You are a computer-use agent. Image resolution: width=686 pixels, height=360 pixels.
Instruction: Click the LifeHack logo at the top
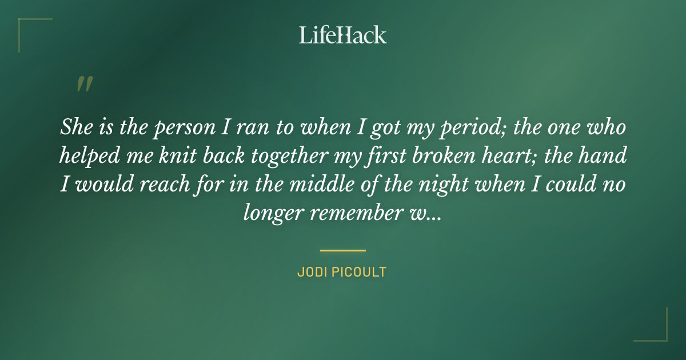(342, 35)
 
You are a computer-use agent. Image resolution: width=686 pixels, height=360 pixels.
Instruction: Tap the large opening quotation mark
(84, 84)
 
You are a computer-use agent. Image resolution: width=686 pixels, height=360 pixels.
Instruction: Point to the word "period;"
(470, 129)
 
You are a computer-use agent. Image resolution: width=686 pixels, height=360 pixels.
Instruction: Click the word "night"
(438, 186)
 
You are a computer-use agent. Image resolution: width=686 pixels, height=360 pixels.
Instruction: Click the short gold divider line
(342, 250)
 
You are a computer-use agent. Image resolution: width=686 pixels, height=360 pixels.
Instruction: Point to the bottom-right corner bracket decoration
(657, 331)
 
